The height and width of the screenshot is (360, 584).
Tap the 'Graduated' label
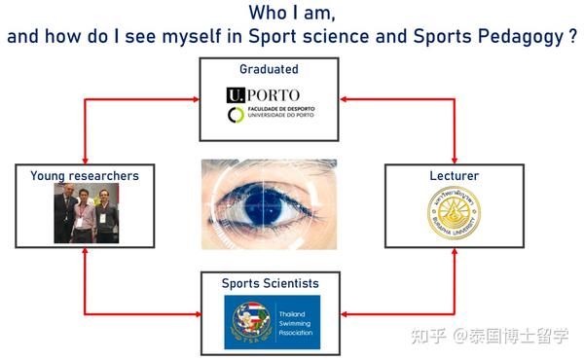pyautogui.click(x=269, y=70)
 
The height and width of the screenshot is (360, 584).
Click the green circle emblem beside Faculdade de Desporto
pyautogui.click(x=235, y=115)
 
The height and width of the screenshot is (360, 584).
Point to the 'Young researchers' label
pyautogui.click(x=85, y=176)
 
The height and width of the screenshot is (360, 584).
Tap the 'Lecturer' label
pyautogui.click(x=454, y=176)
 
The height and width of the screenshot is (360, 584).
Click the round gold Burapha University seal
pyautogui.click(x=454, y=216)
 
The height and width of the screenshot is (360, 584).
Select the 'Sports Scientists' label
pyautogui.click(x=269, y=283)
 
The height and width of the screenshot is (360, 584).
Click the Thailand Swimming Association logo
pyautogui.click(x=269, y=322)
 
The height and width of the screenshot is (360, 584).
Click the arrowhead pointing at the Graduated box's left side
pyautogui.click(x=194, y=98)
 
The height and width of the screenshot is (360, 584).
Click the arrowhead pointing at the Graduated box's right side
pyautogui.click(x=344, y=98)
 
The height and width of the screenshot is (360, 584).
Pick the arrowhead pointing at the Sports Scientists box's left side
pyautogui.click(x=194, y=313)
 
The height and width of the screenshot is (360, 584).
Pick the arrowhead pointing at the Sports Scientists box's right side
pyautogui.click(x=344, y=313)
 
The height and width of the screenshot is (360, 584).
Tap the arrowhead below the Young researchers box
pyautogui.click(x=86, y=251)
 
